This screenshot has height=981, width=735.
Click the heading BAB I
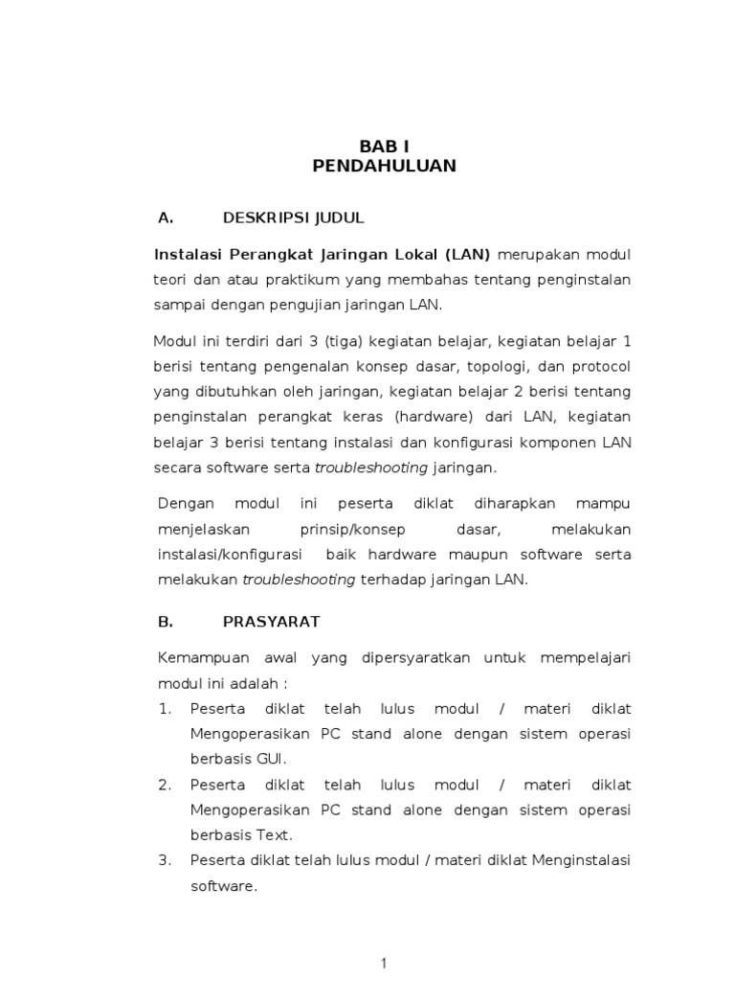(x=384, y=146)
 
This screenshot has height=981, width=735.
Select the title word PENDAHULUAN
(x=384, y=166)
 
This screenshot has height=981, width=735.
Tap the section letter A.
(x=165, y=217)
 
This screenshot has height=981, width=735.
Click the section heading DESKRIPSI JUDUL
(x=294, y=217)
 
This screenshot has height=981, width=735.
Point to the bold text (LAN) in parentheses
(x=467, y=254)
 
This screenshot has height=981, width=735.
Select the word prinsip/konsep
(x=353, y=529)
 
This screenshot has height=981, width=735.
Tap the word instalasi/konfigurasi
(x=230, y=555)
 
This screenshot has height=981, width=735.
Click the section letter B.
(x=165, y=621)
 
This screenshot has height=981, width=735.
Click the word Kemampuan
(x=203, y=657)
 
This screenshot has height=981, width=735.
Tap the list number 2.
(x=165, y=784)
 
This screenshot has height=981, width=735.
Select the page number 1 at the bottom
(x=384, y=964)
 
